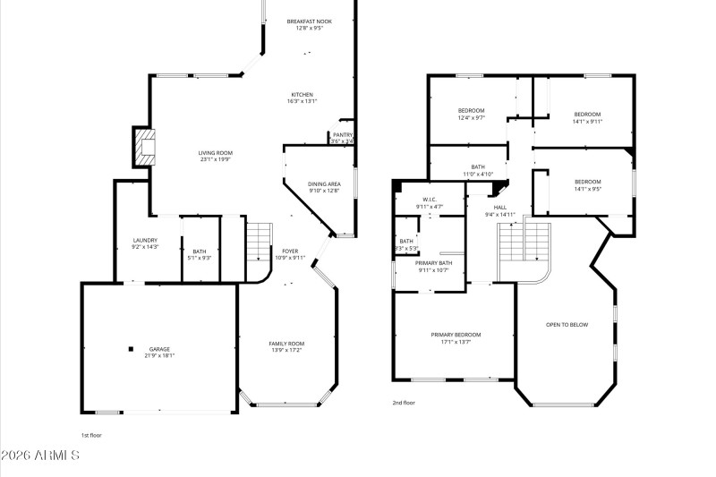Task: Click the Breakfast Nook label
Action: pyautogui.click(x=309, y=21)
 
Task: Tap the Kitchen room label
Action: pyautogui.click(x=302, y=95)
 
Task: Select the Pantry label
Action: pyautogui.click(x=342, y=135)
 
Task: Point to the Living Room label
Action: pyautogui.click(x=215, y=153)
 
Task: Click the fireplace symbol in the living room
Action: pyautogui.click(x=143, y=146)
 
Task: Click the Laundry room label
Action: pyautogui.click(x=145, y=240)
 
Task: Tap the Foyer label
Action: pyautogui.click(x=291, y=251)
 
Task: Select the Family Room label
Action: pyautogui.click(x=286, y=344)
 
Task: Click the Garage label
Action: pyautogui.click(x=159, y=349)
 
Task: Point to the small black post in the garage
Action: pyautogui.click(x=131, y=349)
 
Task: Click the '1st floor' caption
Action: pyautogui.click(x=91, y=435)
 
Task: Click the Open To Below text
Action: pyautogui.click(x=567, y=324)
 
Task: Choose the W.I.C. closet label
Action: pyautogui.click(x=430, y=200)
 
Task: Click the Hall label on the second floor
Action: pyautogui.click(x=500, y=208)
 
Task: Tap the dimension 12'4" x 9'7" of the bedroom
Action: pyautogui.click(x=471, y=117)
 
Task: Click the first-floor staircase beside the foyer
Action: pyautogui.click(x=259, y=241)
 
